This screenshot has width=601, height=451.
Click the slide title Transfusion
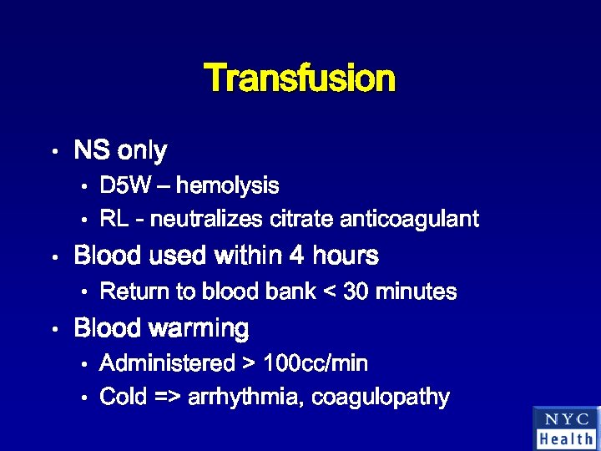coord(300,79)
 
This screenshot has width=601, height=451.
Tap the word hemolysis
coord(227,185)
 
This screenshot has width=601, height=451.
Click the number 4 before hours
coord(296,256)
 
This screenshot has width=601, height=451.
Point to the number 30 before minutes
coord(354,291)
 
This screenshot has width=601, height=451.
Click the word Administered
coord(164,363)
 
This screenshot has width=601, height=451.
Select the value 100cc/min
coord(316,363)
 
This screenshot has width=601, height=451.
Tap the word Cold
coord(123,398)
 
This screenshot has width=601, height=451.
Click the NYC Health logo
coord(566,428)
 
